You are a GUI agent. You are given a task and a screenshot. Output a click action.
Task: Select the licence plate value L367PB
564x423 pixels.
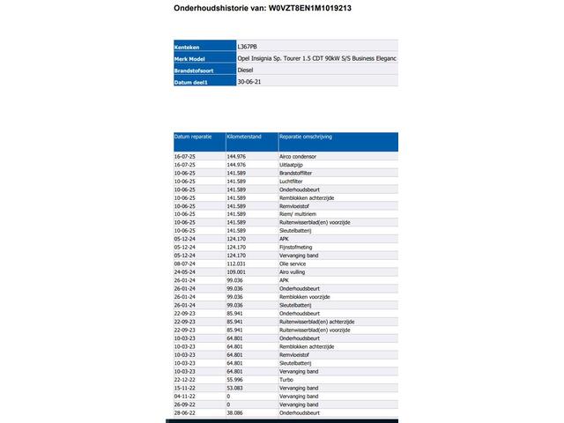click(249, 46)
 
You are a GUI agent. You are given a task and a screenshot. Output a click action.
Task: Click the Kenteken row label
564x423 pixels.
click(189, 46)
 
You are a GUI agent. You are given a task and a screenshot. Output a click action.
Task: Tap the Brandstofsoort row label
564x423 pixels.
click(196, 70)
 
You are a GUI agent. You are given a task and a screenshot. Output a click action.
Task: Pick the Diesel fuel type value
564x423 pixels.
click(247, 70)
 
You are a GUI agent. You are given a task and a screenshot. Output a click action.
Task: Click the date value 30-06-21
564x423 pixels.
click(249, 81)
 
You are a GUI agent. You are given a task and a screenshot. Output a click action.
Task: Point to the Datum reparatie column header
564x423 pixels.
click(193, 137)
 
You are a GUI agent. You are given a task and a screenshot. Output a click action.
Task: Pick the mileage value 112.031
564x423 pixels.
click(235, 263)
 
